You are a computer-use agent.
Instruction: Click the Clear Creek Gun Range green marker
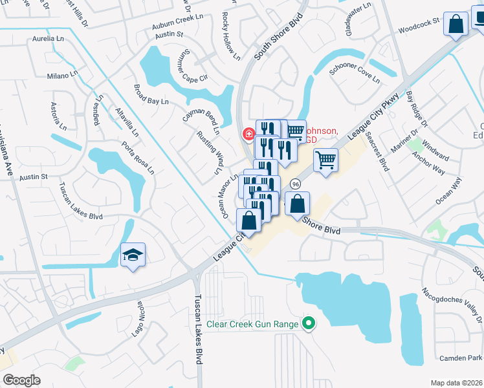[x=309, y=324]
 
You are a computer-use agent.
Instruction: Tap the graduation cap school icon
[x=133, y=255]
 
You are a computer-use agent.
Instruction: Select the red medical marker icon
[x=247, y=135]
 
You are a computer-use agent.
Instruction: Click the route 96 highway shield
[x=295, y=184]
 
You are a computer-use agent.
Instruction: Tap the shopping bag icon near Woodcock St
[x=457, y=26]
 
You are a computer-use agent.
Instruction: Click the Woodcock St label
[x=419, y=30]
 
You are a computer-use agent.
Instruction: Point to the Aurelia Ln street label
[x=49, y=39]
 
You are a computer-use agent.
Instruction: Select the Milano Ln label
[x=62, y=76]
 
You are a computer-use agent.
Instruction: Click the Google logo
[x=21, y=380]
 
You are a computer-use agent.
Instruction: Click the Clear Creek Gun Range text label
[x=252, y=324]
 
